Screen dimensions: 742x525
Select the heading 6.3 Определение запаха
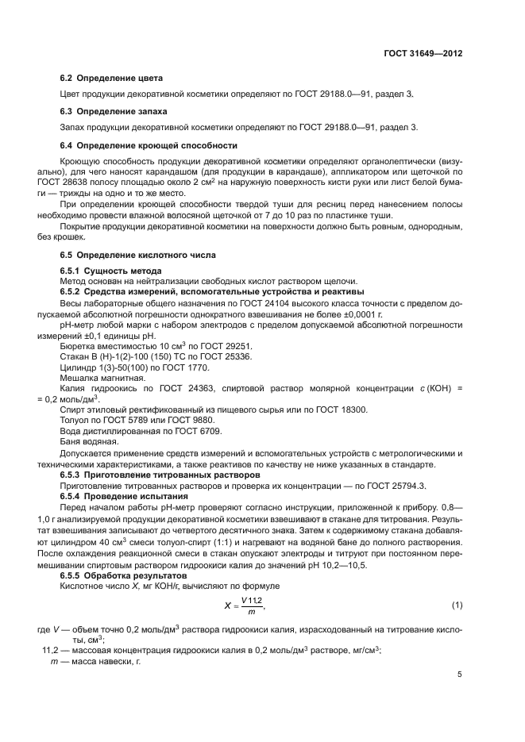[114, 111]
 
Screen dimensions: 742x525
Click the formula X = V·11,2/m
[244, 606]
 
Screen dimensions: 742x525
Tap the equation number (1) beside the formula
[457, 606]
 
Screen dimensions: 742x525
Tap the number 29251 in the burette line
[236, 347]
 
